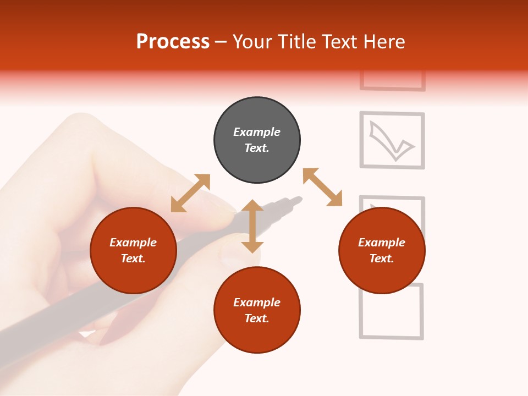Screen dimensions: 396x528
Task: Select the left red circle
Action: coord(133,250)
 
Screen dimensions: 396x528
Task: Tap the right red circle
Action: coord(382,250)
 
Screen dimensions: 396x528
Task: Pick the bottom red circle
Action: coord(257,310)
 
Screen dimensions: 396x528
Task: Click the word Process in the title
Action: coord(173,42)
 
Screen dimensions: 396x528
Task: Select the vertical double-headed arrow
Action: coord(252,226)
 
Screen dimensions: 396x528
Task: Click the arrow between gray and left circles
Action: coord(190,193)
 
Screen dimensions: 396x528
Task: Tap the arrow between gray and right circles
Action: coord(322,187)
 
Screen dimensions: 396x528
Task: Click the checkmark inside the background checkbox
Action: coord(391,142)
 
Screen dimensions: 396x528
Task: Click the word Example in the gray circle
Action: coord(257,132)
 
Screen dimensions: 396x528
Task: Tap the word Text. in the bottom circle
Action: coord(257,318)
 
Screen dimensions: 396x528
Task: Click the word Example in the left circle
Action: coord(133,243)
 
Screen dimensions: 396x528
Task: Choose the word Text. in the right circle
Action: coord(382,258)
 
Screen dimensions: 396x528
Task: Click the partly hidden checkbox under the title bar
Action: coord(393,81)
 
